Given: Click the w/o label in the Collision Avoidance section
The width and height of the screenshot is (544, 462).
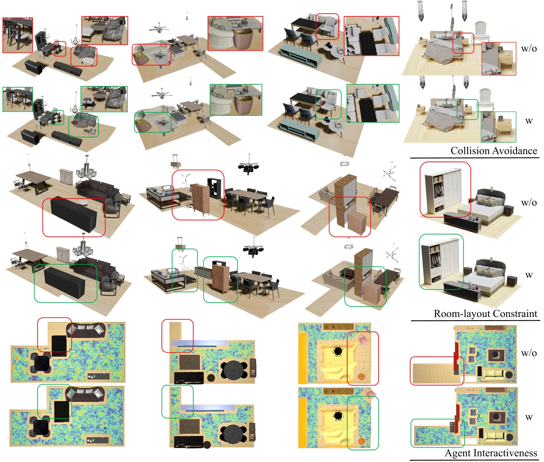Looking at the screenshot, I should [529, 49].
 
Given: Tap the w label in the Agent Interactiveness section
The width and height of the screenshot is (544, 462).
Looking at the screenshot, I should [529, 417].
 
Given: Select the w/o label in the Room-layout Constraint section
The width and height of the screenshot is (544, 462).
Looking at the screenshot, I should [529, 202].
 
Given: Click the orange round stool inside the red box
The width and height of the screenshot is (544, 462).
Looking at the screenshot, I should [361, 377].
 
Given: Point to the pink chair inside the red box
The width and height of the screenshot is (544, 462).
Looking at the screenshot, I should [363, 339].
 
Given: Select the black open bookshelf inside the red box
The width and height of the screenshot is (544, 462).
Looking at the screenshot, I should [214, 188].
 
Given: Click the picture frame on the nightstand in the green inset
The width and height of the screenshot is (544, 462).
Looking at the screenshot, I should [501, 119].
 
